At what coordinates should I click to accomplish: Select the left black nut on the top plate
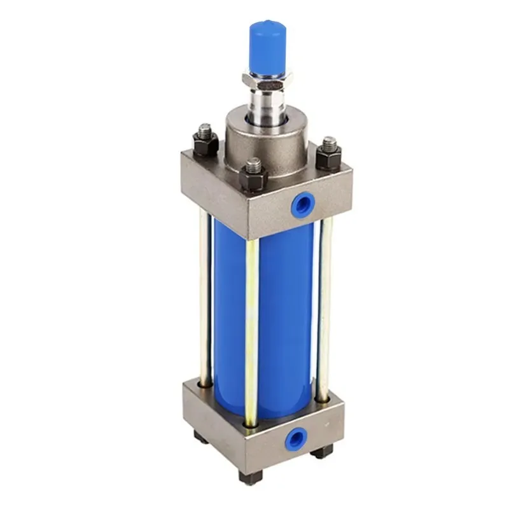click(x=206, y=145)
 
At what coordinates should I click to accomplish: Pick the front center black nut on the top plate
click(x=253, y=179)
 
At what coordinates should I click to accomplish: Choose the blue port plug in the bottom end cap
click(x=296, y=438)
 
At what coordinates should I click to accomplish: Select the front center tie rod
click(x=252, y=331)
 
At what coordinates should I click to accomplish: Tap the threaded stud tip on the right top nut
click(x=329, y=143)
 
